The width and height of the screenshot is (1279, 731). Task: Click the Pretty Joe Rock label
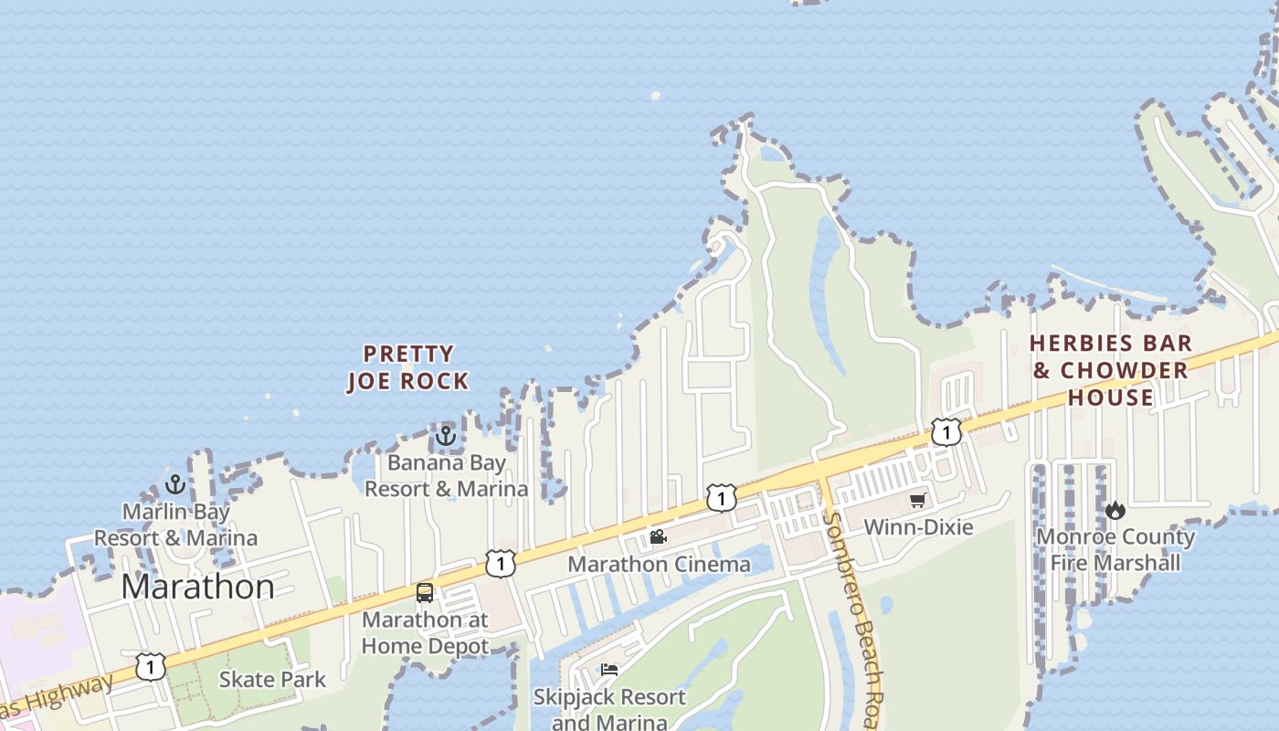click(408, 367)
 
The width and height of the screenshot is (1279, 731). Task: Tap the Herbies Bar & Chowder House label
click(1111, 370)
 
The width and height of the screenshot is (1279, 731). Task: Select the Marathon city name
click(197, 586)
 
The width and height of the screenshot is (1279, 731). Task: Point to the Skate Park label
click(272, 679)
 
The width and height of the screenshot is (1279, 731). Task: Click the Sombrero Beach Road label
click(855, 621)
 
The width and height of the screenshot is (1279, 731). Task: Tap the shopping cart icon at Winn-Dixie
click(917, 500)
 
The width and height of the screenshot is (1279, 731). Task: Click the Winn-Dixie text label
click(918, 527)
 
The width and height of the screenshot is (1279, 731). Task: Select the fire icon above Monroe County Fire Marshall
click(1115, 510)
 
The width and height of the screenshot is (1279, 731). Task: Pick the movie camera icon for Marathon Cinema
click(658, 536)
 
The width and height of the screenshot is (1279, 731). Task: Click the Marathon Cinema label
click(659, 564)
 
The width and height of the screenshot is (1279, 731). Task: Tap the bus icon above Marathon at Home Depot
click(425, 592)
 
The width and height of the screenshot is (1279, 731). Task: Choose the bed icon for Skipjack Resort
click(609, 670)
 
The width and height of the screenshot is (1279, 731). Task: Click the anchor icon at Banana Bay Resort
click(446, 436)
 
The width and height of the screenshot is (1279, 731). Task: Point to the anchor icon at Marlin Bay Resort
click(175, 484)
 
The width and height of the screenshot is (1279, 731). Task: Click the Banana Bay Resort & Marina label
click(446, 476)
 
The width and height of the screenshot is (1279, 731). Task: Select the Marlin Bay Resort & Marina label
click(175, 525)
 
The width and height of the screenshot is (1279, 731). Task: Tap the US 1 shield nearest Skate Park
click(151, 666)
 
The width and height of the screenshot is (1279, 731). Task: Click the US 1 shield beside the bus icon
click(501, 563)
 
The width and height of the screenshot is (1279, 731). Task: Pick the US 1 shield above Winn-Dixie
click(946, 431)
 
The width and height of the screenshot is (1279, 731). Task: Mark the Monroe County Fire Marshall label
click(1115, 549)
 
